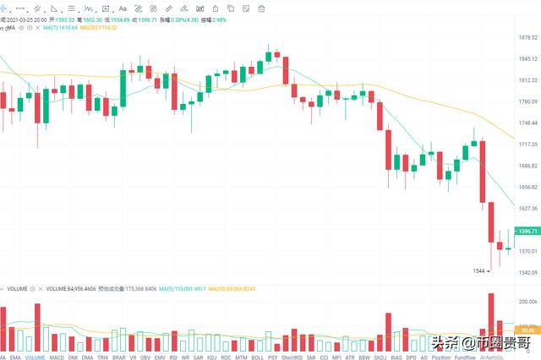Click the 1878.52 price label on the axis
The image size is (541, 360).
pyautogui.click(x=528, y=37)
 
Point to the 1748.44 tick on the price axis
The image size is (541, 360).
pyautogui.click(x=528, y=123)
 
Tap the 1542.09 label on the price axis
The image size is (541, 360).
pyautogui.click(x=528, y=272)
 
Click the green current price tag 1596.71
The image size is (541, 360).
pyautogui.click(x=528, y=231)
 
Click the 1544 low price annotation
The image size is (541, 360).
pyautogui.click(x=479, y=270)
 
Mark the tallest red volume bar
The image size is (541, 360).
pyautogui.click(x=490, y=323)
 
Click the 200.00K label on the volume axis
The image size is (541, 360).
pyautogui.click(x=528, y=302)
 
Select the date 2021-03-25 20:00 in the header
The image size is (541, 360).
pyautogui.click(x=31, y=19)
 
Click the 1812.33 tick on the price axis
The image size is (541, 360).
pyautogui.click(x=528, y=80)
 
